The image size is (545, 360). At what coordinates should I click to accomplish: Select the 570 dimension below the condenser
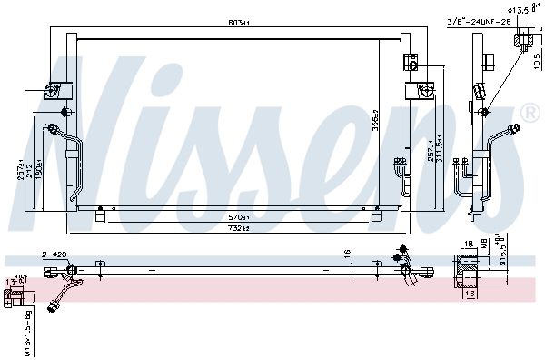click(x=239, y=217)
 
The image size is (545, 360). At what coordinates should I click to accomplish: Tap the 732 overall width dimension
click(x=239, y=228)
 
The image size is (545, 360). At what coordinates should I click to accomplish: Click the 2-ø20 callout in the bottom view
click(x=54, y=255)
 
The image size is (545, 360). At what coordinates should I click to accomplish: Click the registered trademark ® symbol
click(x=530, y=113)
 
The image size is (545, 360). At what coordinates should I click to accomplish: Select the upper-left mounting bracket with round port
click(x=52, y=91)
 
